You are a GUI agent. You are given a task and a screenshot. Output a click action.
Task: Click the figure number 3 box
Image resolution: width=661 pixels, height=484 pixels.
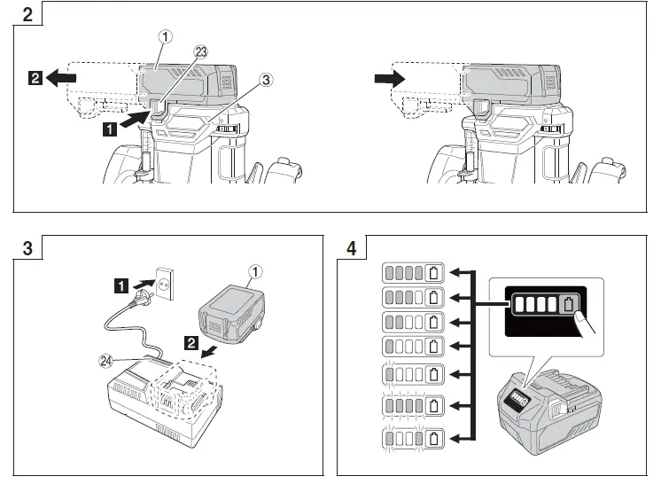[27, 247]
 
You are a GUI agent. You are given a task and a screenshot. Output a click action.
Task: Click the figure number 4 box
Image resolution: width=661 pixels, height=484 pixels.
[352, 247]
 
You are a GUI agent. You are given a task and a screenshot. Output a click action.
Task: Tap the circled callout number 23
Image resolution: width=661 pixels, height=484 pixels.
[200, 51]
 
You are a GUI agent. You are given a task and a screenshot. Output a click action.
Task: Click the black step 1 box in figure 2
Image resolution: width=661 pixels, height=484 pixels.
[109, 129]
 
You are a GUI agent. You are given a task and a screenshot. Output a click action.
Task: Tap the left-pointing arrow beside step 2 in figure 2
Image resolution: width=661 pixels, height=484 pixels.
[60, 78]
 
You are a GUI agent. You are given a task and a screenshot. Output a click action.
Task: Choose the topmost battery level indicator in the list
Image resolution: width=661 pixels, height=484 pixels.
[412, 272]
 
